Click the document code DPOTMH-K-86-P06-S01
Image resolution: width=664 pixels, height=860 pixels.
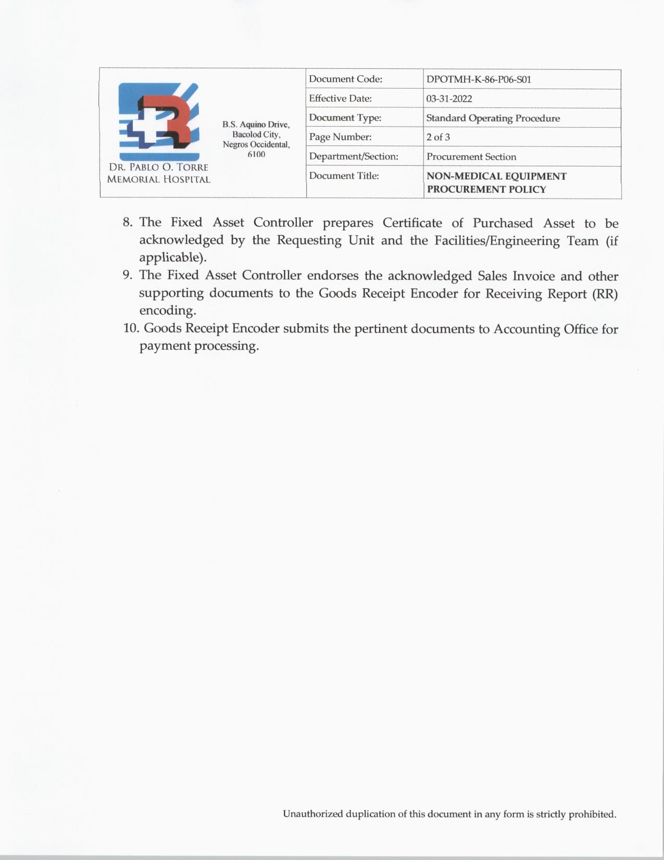click(x=478, y=80)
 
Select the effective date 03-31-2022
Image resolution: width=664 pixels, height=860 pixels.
click(x=449, y=99)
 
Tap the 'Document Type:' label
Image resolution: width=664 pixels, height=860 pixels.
click(x=345, y=118)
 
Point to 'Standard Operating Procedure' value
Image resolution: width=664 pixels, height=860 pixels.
click(x=493, y=118)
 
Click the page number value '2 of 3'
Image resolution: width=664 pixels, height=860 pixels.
click(x=438, y=138)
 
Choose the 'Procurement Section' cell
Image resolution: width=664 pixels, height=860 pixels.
click(x=471, y=157)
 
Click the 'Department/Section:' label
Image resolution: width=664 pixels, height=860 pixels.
click(x=353, y=156)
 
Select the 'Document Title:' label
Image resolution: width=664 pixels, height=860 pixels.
click(x=344, y=176)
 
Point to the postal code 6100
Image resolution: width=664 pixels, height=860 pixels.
click(x=256, y=154)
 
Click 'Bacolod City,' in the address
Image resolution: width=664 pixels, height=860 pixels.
click(x=256, y=134)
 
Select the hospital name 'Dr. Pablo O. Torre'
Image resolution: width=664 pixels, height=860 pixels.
click(x=158, y=167)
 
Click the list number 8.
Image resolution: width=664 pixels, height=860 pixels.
click(x=127, y=223)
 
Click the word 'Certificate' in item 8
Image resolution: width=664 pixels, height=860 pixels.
click(x=412, y=223)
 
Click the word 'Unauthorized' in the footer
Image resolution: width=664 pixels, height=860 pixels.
click(x=313, y=814)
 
